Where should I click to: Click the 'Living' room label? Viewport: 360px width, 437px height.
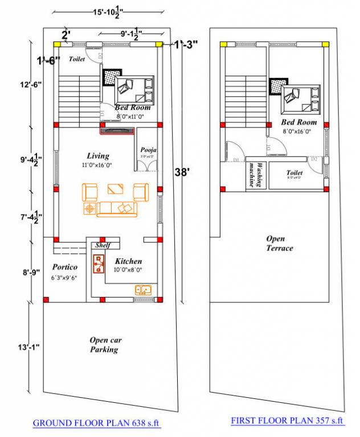(98, 155)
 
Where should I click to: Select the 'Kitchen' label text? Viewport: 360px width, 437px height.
(128, 261)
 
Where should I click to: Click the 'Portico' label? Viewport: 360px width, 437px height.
(64, 267)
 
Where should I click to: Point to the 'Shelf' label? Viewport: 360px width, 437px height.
(103, 245)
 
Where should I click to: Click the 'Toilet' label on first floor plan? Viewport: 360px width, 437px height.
(294, 172)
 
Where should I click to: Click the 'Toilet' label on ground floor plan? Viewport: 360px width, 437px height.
(76, 59)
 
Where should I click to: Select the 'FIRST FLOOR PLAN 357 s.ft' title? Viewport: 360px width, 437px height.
(288, 420)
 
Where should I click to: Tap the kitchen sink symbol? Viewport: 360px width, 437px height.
(143, 290)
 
